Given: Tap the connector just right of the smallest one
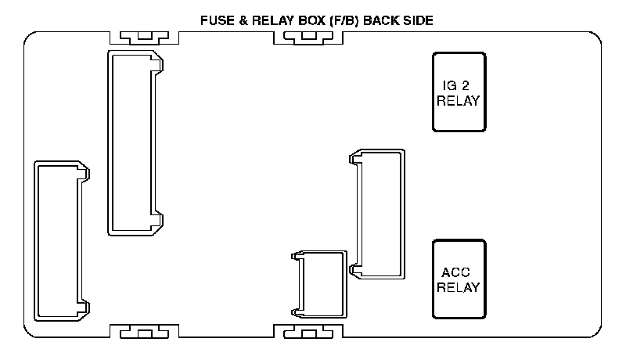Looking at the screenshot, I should [x=379, y=214].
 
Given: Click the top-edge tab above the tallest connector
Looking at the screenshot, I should [x=144, y=37].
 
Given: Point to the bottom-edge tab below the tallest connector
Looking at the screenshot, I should [x=144, y=333].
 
